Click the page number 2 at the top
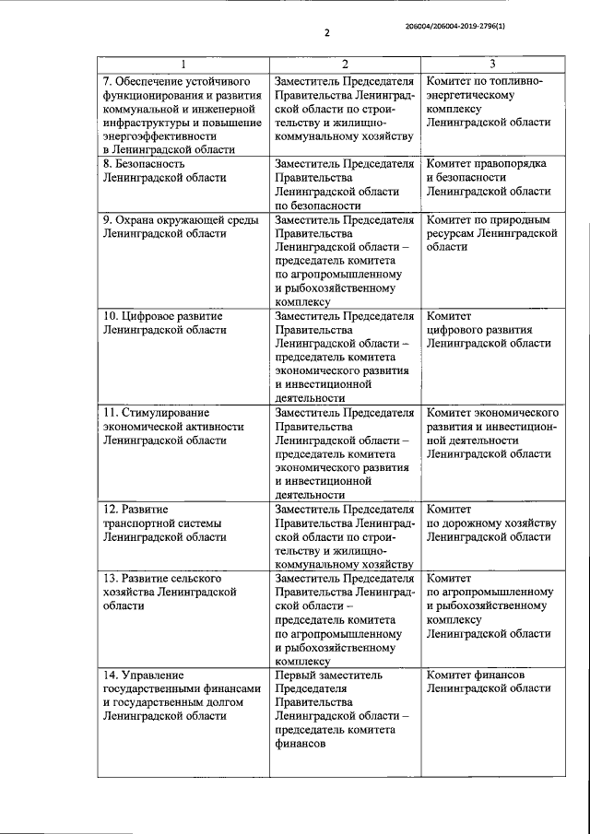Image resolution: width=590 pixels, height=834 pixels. [326, 36]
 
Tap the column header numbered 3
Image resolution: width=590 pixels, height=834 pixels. [491, 65]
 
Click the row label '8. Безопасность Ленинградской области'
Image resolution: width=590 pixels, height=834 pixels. [162, 171]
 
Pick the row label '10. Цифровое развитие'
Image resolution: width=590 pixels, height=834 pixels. [162, 323]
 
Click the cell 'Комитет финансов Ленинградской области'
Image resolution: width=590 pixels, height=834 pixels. [489, 682]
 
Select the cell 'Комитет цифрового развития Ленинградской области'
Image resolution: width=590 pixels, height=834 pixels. [489, 329]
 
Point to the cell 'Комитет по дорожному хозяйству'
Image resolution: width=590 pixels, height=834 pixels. [490, 522]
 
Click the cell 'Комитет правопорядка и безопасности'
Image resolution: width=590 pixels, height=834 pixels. [489, 178]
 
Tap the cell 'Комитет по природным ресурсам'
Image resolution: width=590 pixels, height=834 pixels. [492, 234]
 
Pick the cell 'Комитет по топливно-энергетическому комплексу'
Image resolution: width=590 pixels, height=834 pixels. [489, 101]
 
